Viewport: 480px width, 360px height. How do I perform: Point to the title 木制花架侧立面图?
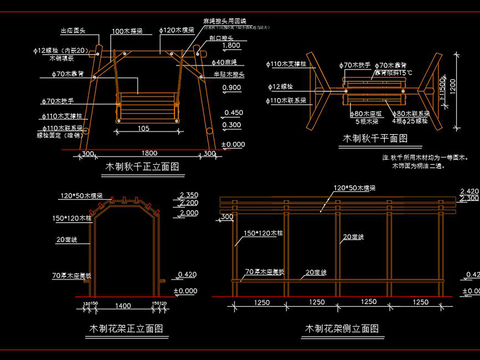tap(341, 327)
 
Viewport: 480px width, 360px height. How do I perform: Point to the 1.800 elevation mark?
tap(232, 46)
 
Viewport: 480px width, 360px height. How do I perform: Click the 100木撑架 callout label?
tap(126, 31)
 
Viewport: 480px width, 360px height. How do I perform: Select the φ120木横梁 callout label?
tap(175, 31)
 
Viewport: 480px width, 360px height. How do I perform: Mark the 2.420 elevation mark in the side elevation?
tap(468, 190)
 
